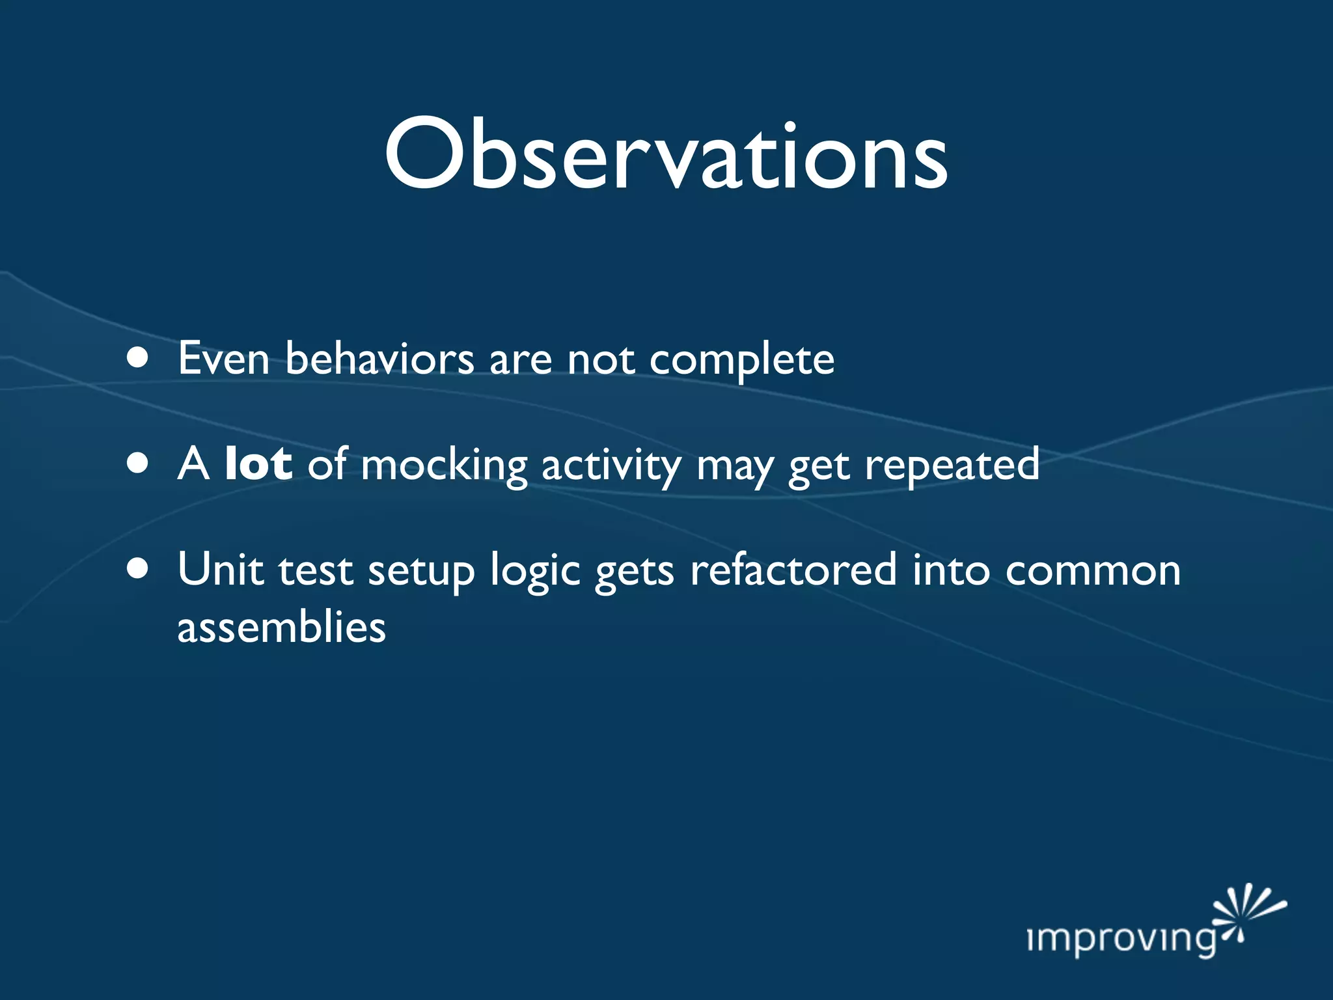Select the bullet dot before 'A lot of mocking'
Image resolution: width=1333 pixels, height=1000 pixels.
pyautogui.click(x=137, y=464)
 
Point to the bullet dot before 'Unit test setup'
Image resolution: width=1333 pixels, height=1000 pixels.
pyautogui.click(x=137, y=569)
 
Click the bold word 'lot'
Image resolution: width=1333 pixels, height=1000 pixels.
pyautogui.click(x=258, y=464)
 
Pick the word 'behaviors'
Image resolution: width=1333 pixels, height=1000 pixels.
pyautogui.click(x=380, y=358)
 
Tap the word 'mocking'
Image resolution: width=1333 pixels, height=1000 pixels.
pyautogui.click(x=444, y=466)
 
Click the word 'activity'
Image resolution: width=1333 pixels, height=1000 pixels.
pyautogui.click(x=611, y=466)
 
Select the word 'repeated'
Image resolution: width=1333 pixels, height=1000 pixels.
pyautogui.click(x=952, y=466)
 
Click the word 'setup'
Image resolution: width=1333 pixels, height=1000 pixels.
pyautogui.click(x=421, y=572)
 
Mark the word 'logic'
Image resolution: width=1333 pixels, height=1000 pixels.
pyautogui.click(x=534, y=572)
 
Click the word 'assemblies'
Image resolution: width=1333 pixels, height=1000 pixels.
pyautogui.click(x=281, y=627)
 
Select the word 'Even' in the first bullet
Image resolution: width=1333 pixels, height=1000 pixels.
pyautogui.click(x=223, y=358)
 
